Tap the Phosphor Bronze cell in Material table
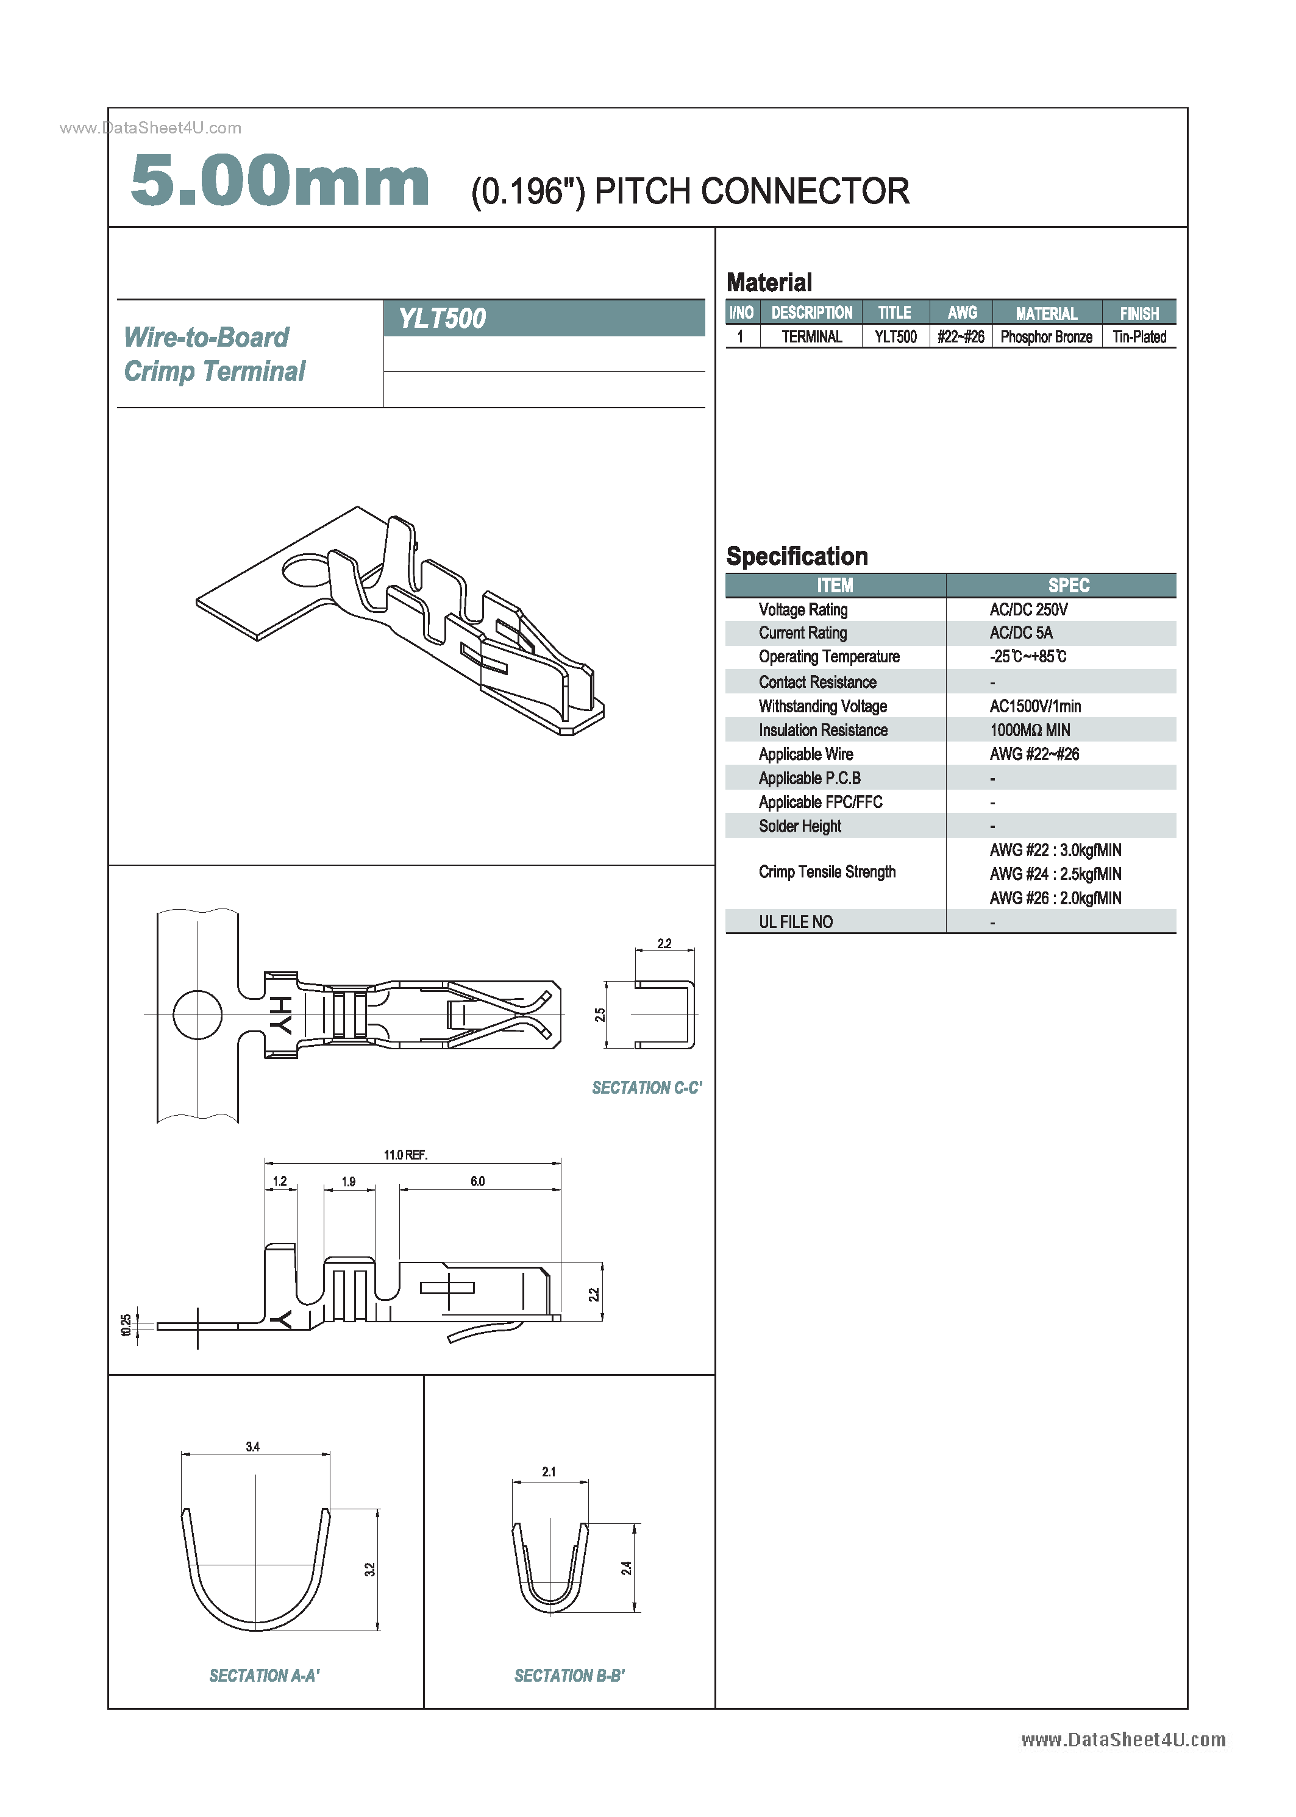click(x=1045, y=336)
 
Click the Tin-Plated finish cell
click(x=1139, y=336)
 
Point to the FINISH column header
click(x=1139, y=313)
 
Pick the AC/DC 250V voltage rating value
click(x=1028, y=609)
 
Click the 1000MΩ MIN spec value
click(x=1030, y=730)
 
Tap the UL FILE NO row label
click(x=795, y=922)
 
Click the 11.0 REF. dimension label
click(x=405, y=1155)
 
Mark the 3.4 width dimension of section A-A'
click(x=252, y=1446)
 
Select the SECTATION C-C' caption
click(x=646, y=1088)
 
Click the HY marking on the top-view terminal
click(x=280, y=1015)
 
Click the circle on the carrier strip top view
click(x=197, y=1015)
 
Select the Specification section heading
click(x=796, y=556)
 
